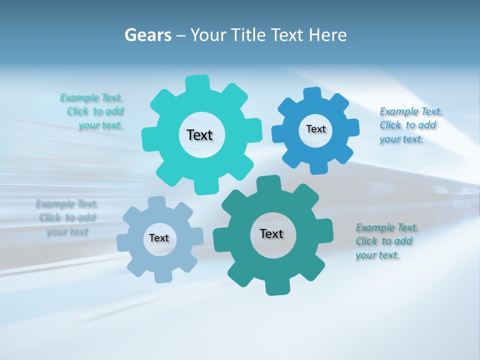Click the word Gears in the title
tap(147, 35)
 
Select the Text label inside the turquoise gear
tap(199, 135)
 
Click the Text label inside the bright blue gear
tap(315, 129)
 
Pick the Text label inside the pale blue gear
tap(159, 238)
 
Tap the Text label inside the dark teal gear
tap(271, 233)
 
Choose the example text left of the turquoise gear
tap(92, 111)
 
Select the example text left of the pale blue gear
tap(67, 217)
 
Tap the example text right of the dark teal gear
tap(385, 241)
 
